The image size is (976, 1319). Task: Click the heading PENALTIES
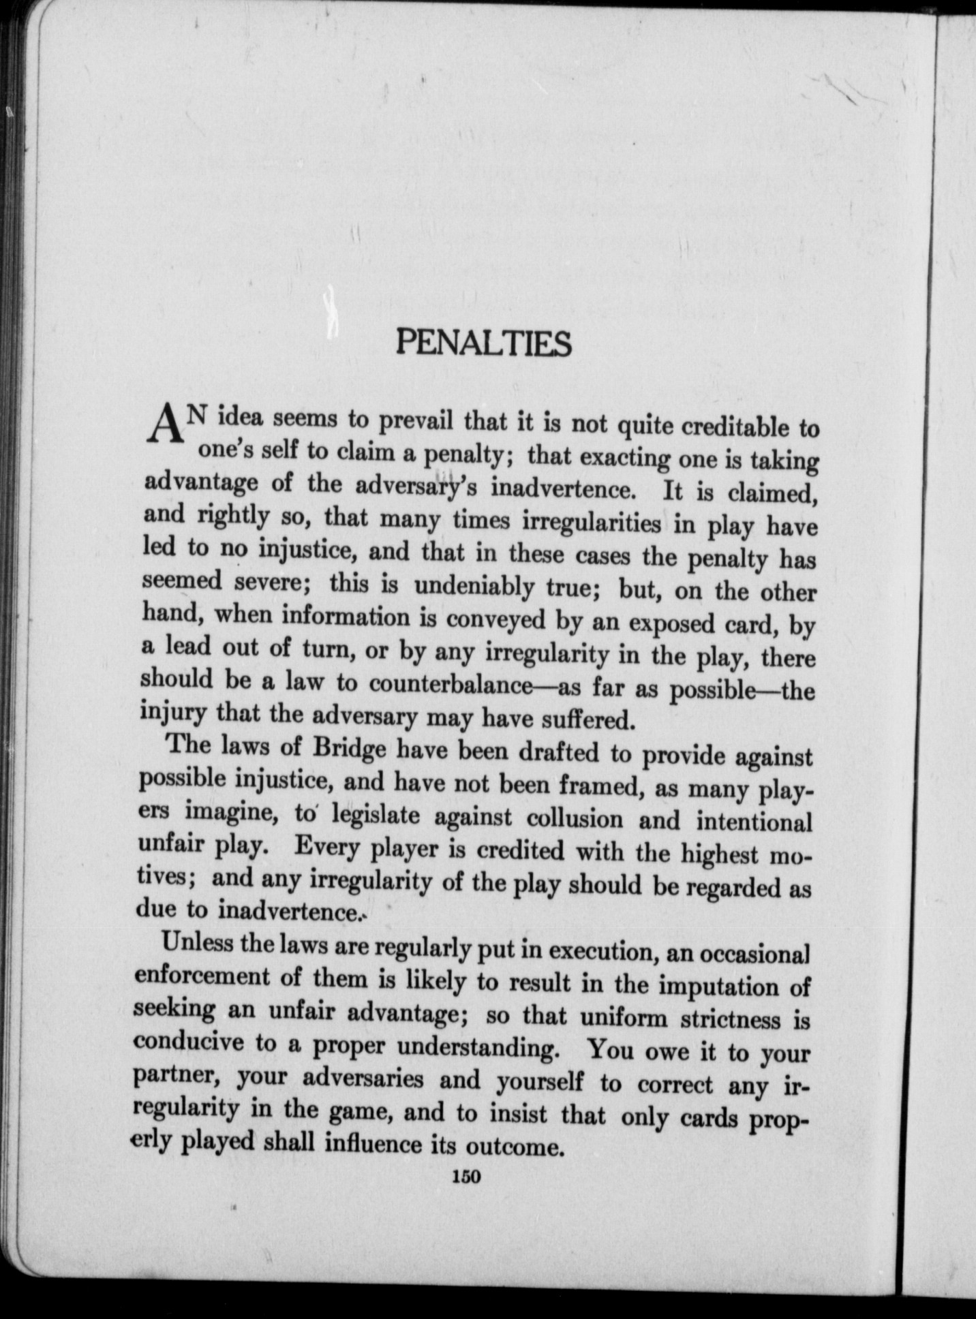483,343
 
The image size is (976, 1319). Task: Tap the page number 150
466,1177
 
